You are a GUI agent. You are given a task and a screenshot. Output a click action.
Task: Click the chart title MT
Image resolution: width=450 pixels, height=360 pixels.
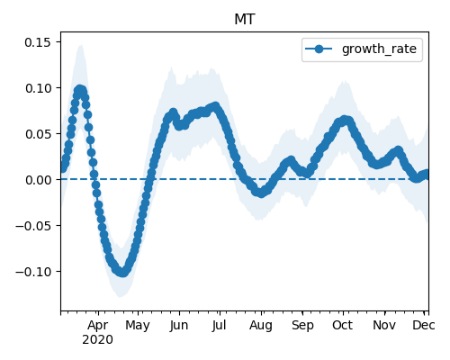pos(245,20)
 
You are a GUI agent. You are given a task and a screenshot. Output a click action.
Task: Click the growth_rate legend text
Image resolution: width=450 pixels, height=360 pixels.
pos(379,49)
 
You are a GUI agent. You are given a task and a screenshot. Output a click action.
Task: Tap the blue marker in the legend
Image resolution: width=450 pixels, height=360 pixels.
pos(319,49)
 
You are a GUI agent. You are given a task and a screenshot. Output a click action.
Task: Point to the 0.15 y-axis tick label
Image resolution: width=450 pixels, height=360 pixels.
pos(38,42)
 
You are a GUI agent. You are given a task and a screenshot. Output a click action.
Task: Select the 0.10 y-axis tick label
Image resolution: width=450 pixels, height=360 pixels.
pos(38,88)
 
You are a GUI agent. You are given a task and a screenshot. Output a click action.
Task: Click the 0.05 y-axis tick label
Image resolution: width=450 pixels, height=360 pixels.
pos(38,134)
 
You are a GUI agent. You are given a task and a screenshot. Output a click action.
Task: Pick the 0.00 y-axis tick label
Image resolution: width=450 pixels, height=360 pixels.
pos(38,180)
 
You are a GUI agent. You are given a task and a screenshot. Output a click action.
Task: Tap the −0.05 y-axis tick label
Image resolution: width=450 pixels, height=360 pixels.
pos(33,226)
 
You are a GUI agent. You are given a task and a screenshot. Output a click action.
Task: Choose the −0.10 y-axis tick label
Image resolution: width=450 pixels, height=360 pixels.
pos(33,272)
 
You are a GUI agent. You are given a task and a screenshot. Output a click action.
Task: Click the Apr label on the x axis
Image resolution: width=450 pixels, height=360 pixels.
pos(98,326)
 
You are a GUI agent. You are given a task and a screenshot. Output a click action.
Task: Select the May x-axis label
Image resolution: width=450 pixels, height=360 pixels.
pos(138,326)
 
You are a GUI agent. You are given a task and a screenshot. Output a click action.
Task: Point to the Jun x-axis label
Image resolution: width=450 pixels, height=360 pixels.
pos(179,326)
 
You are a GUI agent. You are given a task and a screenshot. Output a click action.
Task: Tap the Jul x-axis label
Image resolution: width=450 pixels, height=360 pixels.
pos(220,326)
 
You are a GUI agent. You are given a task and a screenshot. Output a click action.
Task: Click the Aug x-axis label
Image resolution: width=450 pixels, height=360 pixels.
pos(261,326)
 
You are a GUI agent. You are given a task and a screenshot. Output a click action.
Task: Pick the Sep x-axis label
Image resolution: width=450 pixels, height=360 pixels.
pos(302,326)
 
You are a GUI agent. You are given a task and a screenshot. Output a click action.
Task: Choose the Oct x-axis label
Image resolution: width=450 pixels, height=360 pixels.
pos(343,326)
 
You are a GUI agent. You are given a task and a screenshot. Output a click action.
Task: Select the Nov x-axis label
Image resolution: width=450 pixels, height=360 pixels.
pos(384,326)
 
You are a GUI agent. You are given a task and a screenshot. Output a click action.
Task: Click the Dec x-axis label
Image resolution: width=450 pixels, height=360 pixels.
pos(424,326)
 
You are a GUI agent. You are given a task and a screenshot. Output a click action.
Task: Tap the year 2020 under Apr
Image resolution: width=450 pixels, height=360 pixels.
pos(98,340)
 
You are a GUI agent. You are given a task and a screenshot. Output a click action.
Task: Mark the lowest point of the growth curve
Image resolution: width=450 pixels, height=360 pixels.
pos(123,273)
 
